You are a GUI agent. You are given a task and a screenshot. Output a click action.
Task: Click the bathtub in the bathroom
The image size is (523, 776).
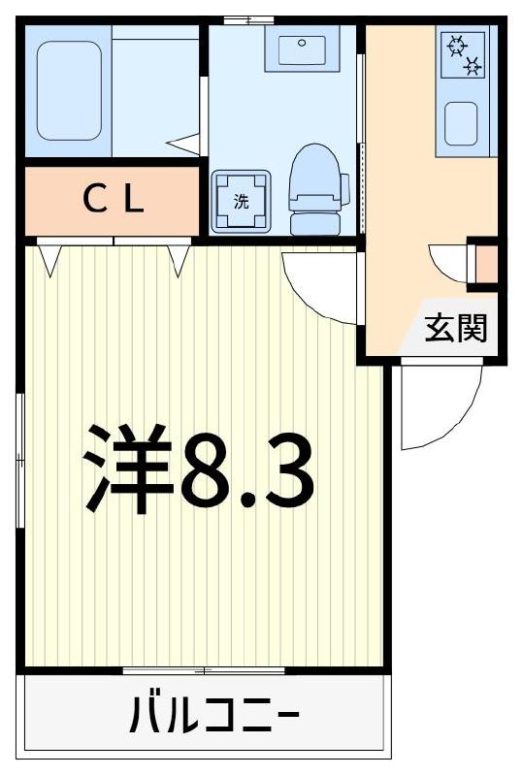[x=69, y=89]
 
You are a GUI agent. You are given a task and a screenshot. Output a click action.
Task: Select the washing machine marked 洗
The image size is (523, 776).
[x=241, y=202]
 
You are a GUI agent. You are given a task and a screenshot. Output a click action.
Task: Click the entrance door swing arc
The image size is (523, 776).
[x=441, y=407]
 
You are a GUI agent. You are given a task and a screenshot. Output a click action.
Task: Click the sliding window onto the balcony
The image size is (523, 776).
[x=204, y=670]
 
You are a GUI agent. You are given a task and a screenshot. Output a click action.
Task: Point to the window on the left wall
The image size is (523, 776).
[x=20, y=461]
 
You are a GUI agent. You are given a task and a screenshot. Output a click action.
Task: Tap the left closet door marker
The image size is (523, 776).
[x=51, y=257]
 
